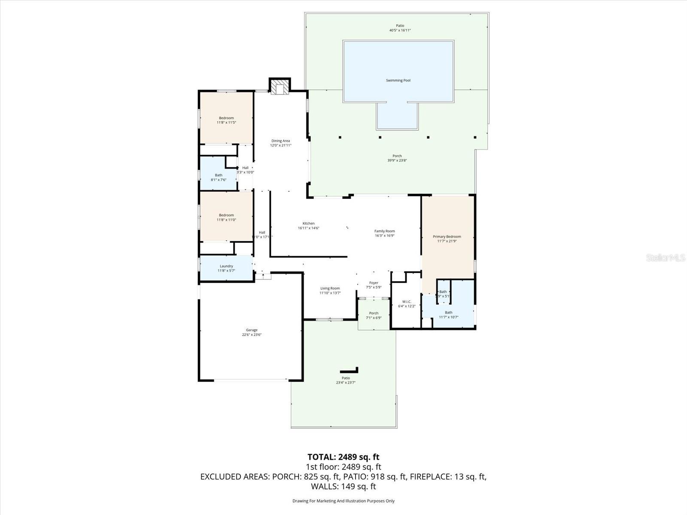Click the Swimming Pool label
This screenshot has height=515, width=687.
coord(398,80)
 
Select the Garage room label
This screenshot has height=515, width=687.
coord(252,330)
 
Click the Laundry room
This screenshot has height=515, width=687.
coord(226,268)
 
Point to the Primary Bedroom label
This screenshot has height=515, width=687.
coord(447,236)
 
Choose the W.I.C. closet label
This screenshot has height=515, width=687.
coord(407,302)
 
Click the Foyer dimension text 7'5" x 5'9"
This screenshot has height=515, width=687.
coord(374,288)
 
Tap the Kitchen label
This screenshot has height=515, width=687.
coord(308,224)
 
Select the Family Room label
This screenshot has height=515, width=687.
coord(384,231)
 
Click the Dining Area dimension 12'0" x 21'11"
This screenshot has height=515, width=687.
coord(281,145)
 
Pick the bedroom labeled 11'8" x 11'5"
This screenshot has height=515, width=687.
coord(226,120)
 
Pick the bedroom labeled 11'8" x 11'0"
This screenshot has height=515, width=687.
coord(226,217)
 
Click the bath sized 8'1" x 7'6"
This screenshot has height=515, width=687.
coord(219,177)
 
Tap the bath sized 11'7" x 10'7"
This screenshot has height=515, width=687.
coord(448,315)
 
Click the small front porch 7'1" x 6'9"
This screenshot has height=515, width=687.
coord(374,315)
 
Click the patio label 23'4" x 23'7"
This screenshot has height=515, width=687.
coord(346,380)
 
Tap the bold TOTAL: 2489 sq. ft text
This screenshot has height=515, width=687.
coord(343,457)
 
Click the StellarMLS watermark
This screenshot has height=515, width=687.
coord(666,258)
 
